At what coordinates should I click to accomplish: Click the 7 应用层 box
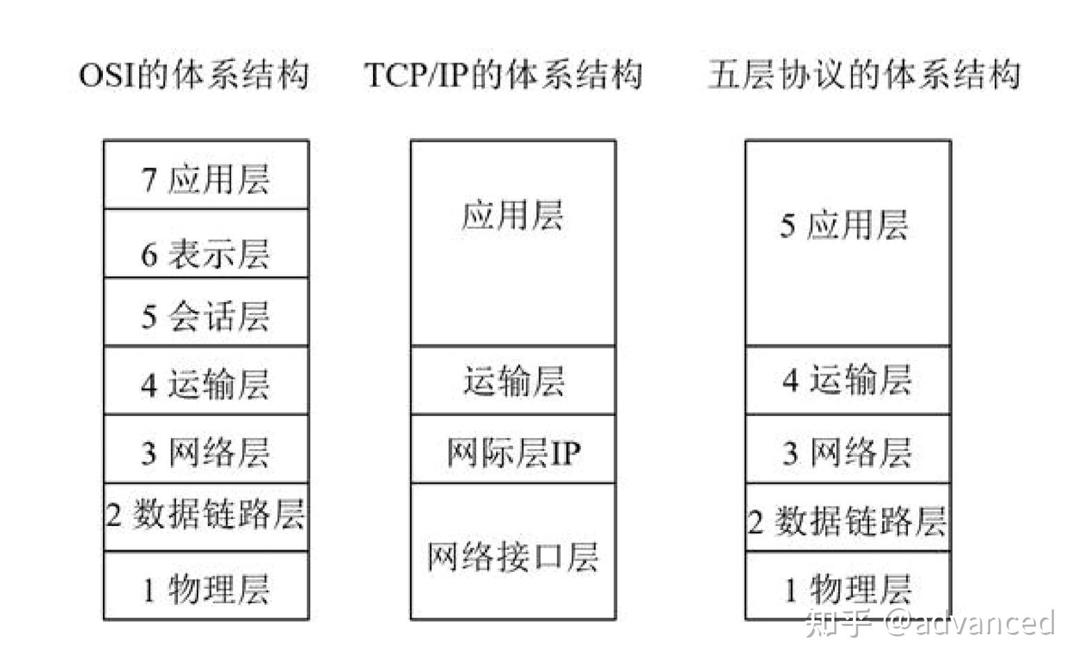[x=206, y=178]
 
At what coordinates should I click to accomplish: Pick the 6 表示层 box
[x=206, y=252]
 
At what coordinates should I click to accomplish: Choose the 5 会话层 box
[x=206, y=314]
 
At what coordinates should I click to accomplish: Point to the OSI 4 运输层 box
[x=206, y=383]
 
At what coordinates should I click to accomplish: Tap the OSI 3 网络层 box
[x=206, y=452]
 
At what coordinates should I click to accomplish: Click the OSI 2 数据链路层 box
[x=206, y=515]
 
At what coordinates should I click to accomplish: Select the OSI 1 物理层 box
[x=206, y=588]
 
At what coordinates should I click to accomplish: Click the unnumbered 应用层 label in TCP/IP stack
[x=513, y=214]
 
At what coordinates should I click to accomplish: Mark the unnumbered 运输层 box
[x=513, y=381]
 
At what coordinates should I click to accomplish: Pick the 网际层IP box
[x=513, y=452]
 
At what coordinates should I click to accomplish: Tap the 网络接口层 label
[x=513, y=556]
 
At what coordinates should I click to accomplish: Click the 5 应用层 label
[x=844, y=225]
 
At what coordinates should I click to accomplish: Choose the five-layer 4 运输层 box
[x=847, y=380]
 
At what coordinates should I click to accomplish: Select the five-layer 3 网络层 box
[x=847, y=452]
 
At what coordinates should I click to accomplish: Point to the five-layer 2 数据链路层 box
[x=847, y=520]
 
